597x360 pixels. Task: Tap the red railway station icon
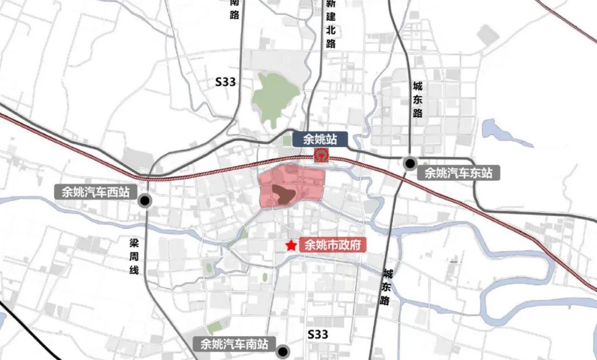pyautogui.click(x=320, y=155)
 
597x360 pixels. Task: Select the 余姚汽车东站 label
pyautogui.click(x=458, y=173)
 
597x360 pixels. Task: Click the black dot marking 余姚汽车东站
pyautogui.click(x=410, y=163)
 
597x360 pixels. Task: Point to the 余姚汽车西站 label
pyautogui.click(x=92, y=192)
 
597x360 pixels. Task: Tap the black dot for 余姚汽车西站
pyautogui.click(x=145, y=201)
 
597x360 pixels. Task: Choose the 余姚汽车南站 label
pyautogui.click(x=234, y=344)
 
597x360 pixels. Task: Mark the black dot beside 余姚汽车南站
pyautogui.click(x=284, y=351)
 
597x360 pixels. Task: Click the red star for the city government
pyautogui.click(x=290, y=245)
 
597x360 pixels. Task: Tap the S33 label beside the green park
pyautogui.click(x=226, y=82)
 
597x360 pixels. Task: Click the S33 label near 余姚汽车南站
pyautogui.click(x=318, y=334)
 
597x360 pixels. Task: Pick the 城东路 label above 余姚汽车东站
pyautogui.click(x=417, y=100)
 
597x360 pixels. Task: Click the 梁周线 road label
pyautogui.click(x=133, y=257)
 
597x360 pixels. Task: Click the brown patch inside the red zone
pyautogui.click(x=282, y=194)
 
